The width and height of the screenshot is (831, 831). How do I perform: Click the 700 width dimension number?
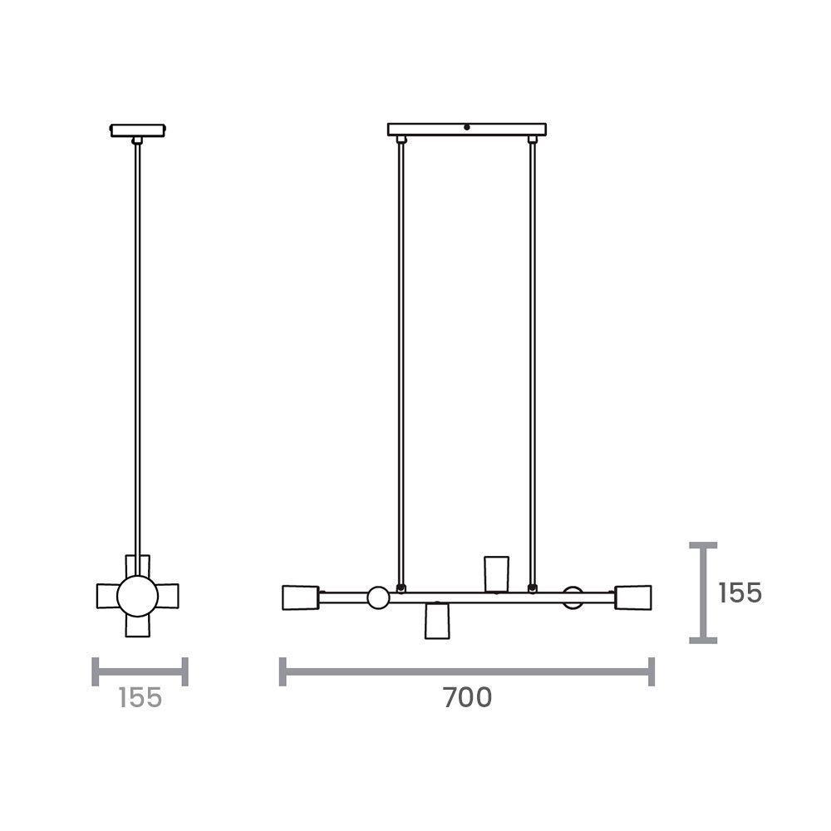tap(467, 699)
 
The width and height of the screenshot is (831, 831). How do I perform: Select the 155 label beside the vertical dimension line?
tap(740, 593)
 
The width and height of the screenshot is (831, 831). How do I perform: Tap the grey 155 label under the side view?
tap(140, 699)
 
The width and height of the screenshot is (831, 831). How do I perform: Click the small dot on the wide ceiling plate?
tap(467, 128)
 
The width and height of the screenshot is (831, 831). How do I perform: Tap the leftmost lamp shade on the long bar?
tap(300, 597)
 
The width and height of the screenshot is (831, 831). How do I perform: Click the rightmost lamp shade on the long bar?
tap(634, 597)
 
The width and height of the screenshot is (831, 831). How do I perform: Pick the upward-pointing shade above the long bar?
tap(496, 573)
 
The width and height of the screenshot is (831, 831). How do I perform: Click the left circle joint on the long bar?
tap(378, 597)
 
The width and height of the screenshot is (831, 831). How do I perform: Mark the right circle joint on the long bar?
tap(573, 597)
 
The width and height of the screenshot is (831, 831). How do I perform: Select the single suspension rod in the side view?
tap(138, 349)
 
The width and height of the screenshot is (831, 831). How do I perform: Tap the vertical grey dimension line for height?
tap(704, 593)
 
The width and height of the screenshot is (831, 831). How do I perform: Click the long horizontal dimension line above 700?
tap(467, 671)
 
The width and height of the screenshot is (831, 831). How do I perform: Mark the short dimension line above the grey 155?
tap(140, 671)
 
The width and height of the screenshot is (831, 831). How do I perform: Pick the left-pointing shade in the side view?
tap(108, 595)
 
